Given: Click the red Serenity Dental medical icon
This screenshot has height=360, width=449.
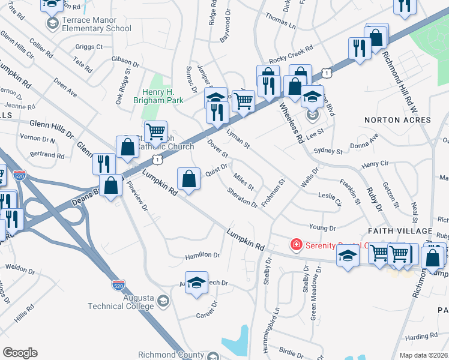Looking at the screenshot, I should (x=295, y=245).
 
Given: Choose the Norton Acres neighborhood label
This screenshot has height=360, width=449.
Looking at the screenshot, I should (x=397, y=120).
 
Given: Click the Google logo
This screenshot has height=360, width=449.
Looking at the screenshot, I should (x=20, y=353).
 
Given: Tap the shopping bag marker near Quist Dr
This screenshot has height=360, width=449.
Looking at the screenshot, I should (x=189, y=179).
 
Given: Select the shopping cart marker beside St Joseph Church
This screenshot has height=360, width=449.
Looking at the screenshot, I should (x=155, y=131).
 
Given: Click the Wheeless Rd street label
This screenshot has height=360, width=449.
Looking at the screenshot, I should (x=291, y=122).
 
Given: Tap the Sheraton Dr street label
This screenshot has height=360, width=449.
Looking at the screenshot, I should (x=243, y=197).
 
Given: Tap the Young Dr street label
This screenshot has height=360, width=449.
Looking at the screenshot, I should (x=322, y=228).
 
